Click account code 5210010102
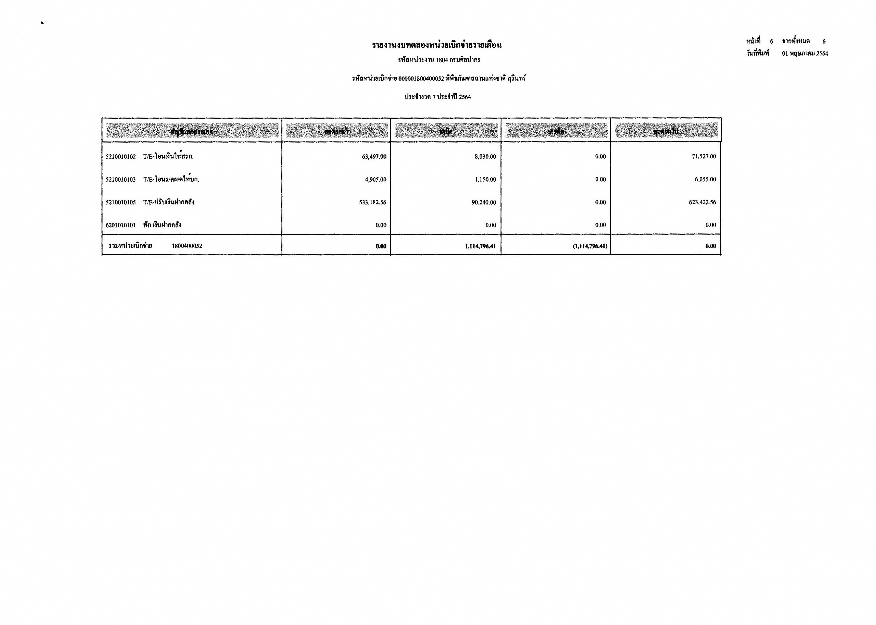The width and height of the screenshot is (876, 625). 120,157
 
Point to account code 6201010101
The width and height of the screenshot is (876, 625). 120,225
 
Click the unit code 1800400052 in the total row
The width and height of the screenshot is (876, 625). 187,246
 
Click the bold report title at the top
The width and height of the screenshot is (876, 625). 436,45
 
